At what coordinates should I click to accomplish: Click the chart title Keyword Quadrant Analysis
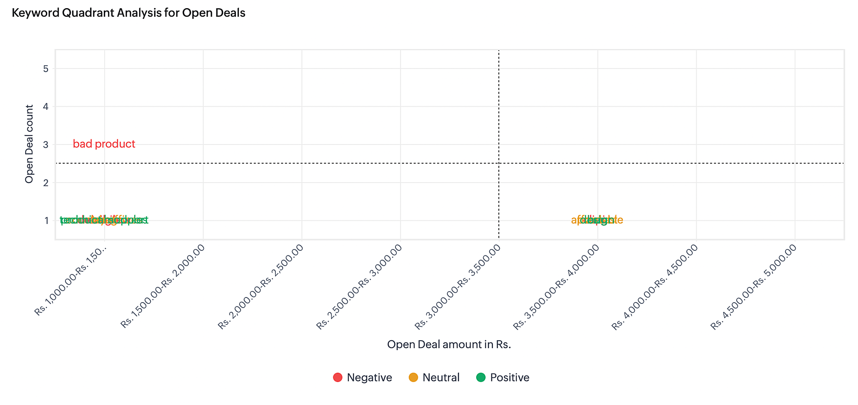point(128,13)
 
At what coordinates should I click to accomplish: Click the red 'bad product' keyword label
point(104,144)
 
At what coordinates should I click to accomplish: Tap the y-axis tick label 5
point(46,69)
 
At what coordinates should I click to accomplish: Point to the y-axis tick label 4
point(46,107)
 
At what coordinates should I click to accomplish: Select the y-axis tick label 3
point(46,144)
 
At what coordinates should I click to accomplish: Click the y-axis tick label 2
point(46,183)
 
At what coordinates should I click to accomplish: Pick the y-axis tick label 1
point(46,221)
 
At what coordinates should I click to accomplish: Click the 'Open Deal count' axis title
point(29,144)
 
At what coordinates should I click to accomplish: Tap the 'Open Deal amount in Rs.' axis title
point(449,345)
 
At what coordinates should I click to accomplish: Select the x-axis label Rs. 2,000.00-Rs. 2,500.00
point(261,287)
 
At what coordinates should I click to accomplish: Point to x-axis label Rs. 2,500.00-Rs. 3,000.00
point(360,287)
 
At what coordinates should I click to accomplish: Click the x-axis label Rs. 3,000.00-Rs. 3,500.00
point(458,287)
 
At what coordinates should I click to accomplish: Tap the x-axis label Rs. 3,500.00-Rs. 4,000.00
point(556,287)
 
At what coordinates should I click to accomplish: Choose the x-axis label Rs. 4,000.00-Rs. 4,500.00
point(655,287)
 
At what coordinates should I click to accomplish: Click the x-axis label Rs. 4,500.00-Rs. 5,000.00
point(754,287)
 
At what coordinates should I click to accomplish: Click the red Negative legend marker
point(338,378)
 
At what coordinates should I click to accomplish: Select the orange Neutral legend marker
point(413,378)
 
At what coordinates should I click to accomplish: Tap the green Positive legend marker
point(481,378)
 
